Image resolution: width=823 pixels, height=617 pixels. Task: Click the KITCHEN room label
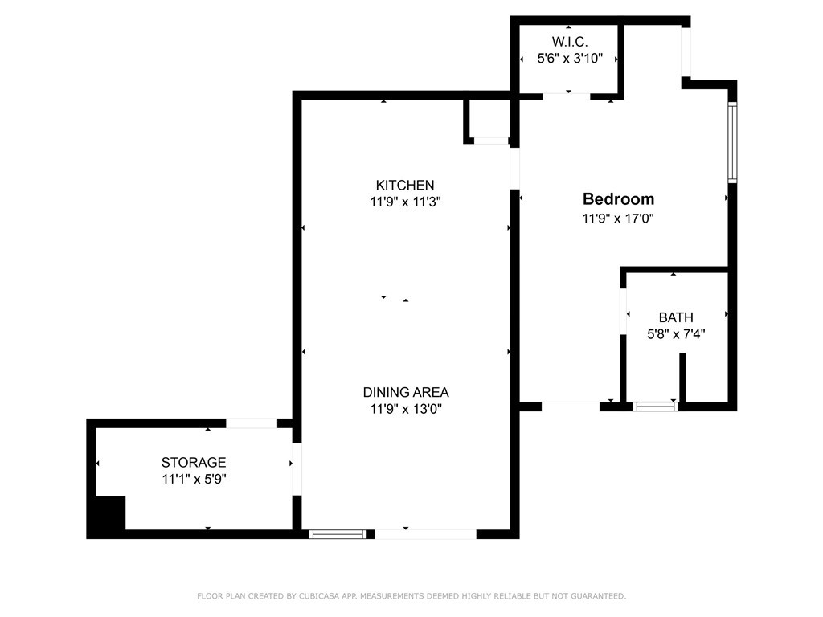click(405, 186)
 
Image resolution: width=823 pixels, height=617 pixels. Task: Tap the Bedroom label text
click(618, 199)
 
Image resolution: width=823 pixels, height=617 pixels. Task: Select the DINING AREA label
click(406, 392)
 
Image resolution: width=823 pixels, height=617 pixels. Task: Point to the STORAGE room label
click(194, 462)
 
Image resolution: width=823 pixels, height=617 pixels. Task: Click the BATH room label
click(676, 317)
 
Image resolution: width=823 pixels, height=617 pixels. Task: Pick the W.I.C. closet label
click(570, 42)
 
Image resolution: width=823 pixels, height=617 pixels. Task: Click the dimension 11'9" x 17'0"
click(618, 218)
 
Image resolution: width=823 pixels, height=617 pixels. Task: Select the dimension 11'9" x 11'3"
click(405, 202)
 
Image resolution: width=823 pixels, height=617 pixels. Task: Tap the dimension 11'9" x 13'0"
click(406, 408)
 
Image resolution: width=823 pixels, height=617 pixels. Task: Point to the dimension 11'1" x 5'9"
click(194, 479)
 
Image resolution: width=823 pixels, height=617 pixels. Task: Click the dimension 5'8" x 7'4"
click(676, 333)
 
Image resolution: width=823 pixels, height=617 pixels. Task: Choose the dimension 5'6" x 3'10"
click(570, 58)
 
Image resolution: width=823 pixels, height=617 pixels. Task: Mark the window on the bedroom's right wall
click(732, 143)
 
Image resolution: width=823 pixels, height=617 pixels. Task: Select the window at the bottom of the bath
click(655, 406)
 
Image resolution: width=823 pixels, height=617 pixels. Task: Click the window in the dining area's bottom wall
click(338, 534)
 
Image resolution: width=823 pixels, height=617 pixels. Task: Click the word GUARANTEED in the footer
click(598, 596)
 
